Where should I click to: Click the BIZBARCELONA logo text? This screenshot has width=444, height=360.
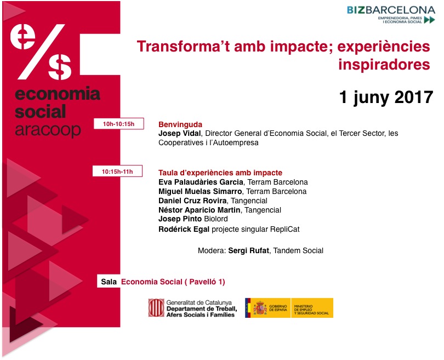(391, 10)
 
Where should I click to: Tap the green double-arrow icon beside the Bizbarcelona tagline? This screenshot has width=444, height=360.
(429, 20)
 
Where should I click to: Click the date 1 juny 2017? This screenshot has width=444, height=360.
(386, 97)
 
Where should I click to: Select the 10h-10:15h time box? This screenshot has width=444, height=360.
(118, 124)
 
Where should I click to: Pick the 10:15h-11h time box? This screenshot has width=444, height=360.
(117, 171)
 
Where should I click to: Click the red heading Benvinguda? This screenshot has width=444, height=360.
(180, 124)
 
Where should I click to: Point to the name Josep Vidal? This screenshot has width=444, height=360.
(180, 133)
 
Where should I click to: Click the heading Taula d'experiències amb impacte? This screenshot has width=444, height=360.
(220, 173)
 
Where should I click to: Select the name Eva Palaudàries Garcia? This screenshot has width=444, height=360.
(201, 182)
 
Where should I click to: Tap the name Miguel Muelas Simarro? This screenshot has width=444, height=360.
(200, 191)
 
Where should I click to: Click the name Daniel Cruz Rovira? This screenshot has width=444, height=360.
(192, 201)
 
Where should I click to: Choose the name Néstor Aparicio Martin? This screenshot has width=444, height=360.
(200, 210)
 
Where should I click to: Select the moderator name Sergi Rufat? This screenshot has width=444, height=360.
(249, 250)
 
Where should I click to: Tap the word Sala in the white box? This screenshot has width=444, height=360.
(109, 282)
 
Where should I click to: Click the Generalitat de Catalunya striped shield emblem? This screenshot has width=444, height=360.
(156, 307)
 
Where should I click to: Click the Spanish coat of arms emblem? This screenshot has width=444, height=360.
(260, 308)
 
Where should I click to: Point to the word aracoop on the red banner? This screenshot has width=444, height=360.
(48, 130)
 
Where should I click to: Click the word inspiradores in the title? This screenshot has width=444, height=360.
(384, 64)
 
